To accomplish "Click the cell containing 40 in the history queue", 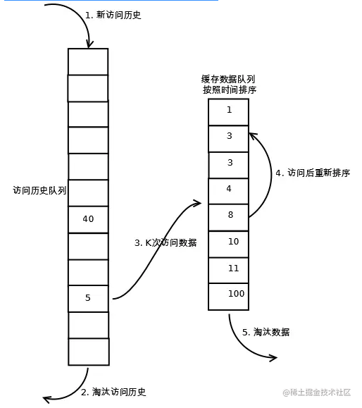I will pos(88,219).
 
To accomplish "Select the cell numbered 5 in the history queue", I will pos(88,298).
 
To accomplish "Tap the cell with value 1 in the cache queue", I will pos(229,111).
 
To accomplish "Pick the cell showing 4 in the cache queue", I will pos(229,190).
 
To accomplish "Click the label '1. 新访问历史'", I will pos(113,15).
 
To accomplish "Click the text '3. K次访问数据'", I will pos(166,242).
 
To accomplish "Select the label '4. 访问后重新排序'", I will pos(313,173).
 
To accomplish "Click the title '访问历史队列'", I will pos(39,190).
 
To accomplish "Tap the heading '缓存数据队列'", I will pos(228,79).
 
